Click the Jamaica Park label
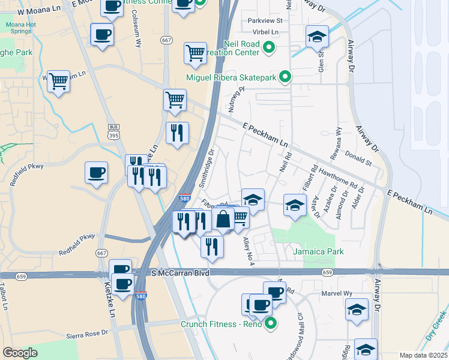(x=318, y=251)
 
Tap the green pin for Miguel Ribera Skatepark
(x=286, y=77)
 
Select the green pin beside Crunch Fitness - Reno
(x=271, y=325)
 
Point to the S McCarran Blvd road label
(x=179, y=273)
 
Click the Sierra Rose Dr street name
(x=87, y=332)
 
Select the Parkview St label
(x=265, y=20)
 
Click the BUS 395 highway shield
(x=113, y=132)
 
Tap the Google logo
(x=20, y=352)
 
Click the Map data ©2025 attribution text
(x=423, y=355)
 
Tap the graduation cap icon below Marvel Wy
(x=357, y=311)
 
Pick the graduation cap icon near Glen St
(x=317, y=37)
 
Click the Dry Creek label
(x=436, y=326)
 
